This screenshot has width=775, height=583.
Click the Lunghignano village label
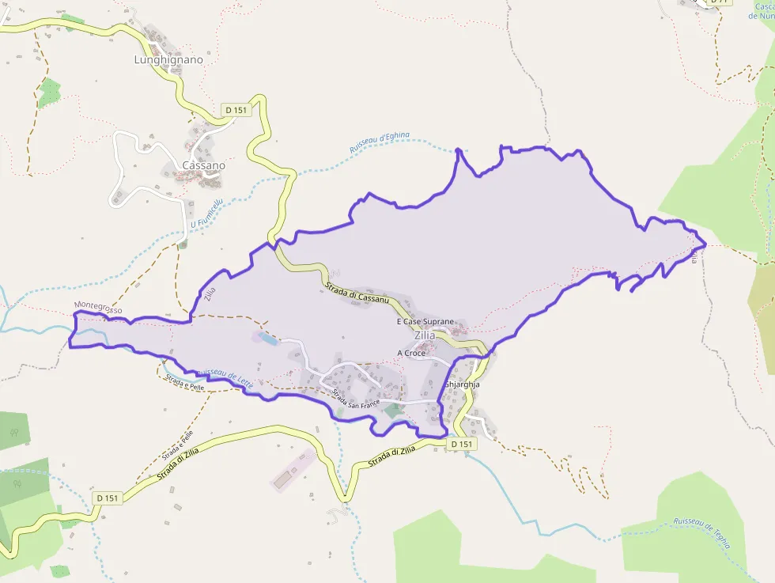pyautogui.click(x=168, y=59)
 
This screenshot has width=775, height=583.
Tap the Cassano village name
pyautogui.click(x=203, y=165)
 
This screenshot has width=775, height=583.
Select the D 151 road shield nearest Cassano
pyautogui.click(x=236, y=110)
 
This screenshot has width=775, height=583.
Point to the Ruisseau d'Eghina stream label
pyautogui.click(x=380, y=142)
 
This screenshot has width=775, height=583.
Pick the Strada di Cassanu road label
pyautogui.click(x=357, y=295)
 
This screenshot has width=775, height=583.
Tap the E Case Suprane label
pyautogui.click(x=425, y=322)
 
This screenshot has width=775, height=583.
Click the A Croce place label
pyautogui.click(x=411, y=353)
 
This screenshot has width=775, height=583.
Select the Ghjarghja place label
pyautogui.click(x=463, y=384)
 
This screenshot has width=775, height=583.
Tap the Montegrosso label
pyautogui.click(x=98, y=307)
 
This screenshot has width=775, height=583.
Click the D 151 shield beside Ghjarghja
pyautogui.click(x=462, y=445)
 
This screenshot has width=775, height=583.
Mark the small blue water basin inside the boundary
pyautogui.click(x=267, y=339)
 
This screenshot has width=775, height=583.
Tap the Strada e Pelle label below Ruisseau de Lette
pyautogui.click(x=185, y=385)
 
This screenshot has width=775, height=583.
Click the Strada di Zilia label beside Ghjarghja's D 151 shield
pyautogui.click(x=391, y=457)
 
